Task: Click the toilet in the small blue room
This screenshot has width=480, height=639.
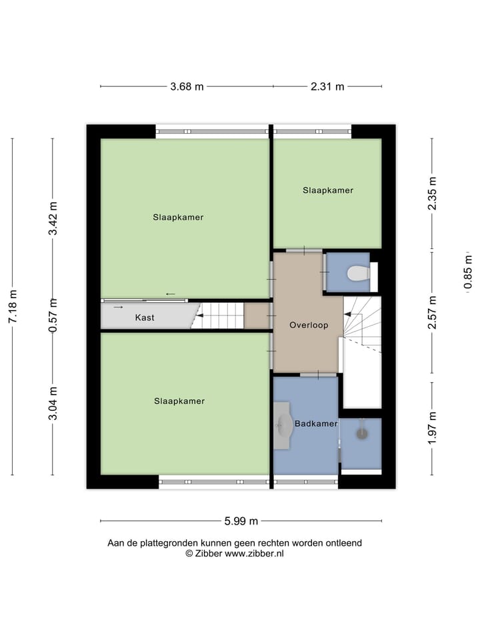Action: [x=358, y=274]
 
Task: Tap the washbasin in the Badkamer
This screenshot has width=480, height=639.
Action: [x=285, y=424]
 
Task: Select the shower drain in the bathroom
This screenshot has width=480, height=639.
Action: [x=362, y=433]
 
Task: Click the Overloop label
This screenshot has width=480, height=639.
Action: [x=307, y=325]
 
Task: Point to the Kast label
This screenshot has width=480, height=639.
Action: [x=145, y=318]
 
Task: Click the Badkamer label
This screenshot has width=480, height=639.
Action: [x=316, y=423]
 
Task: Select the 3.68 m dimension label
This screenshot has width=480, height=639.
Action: [x=187, y=87]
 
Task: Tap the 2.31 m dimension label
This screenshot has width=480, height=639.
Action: [x=327, y=87]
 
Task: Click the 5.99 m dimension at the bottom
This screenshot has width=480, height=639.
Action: [x=241, y=521]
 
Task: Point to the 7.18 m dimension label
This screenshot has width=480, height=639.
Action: [x=12, y=307]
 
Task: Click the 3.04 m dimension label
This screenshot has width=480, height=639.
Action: [x=53, y=403]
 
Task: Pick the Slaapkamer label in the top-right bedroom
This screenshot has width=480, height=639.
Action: [x=327, y=190]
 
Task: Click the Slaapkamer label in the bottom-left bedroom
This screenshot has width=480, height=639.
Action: [x=179, y=401]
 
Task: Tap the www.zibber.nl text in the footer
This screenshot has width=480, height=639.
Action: [x=254, y=553]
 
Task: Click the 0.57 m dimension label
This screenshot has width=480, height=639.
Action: [x=53, y=315]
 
